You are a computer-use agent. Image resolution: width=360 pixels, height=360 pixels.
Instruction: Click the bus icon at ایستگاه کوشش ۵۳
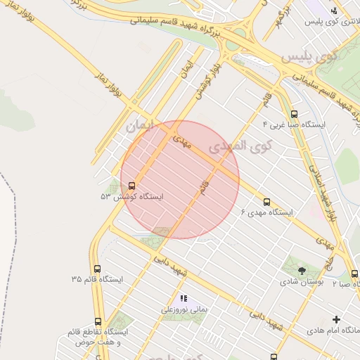pyautogui.click(x=133, y=186)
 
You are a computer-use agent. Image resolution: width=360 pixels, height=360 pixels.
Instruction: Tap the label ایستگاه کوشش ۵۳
pyautogui.click(x=131, y=197)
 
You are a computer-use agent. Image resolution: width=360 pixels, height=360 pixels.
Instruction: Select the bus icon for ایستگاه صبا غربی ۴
pyautogui.click(x=293, y=113)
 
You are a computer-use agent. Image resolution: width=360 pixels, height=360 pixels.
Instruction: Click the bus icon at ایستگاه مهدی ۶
pyautogui.click(x=266, y=202)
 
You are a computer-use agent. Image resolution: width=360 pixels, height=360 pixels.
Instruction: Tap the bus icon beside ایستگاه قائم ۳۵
pyautogui.click(x=97, y=269)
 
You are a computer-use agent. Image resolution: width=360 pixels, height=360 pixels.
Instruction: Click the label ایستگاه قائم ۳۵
pyautogui.click(x=97, y=279)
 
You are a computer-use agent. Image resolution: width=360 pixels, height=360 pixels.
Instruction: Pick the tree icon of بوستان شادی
pyautogui.click(x=301, y=269)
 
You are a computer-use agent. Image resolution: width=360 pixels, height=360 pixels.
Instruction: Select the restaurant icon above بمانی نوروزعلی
pyautogui.click(x=184, y=298)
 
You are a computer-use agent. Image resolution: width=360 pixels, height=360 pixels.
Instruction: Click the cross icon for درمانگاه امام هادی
pyautogui.click(x=335, y=319)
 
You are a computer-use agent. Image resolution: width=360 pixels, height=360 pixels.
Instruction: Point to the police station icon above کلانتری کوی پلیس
pyautogui.click(x=334, y=11)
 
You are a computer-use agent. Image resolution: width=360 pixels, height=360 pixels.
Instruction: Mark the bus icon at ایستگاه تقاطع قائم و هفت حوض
pyautogui.click(x=97, y=321)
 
